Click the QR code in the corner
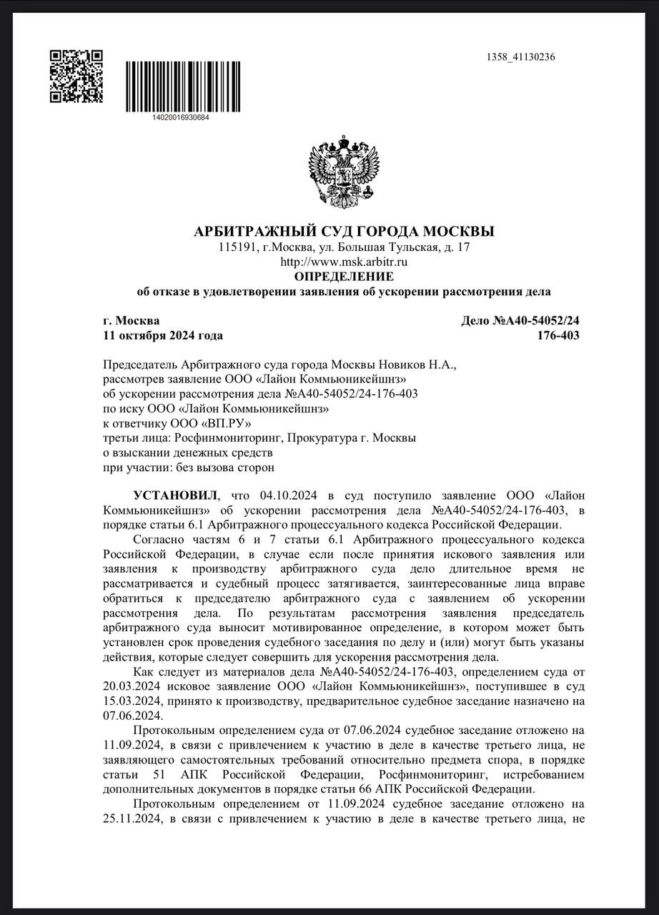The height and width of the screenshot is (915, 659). pyautogui.click(x=76, y=76)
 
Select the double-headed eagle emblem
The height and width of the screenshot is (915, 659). pyautogui.click(x=343, y=169)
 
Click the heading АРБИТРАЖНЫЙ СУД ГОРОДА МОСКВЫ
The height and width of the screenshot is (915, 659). pyautogui.click(x=344, y=232)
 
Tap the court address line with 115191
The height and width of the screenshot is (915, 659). pyautogui.click(x=344, y=248)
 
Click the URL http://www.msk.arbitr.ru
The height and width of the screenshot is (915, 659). pyautogui.click(x=344, y=262)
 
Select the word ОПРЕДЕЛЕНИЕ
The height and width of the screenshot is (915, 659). pyautogui.click(x=344, y=277)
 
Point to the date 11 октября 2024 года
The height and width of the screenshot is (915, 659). pyautogui.click(x=163, y=335)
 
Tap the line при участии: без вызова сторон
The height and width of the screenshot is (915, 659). pyautogui.click(x=189, y=467)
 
